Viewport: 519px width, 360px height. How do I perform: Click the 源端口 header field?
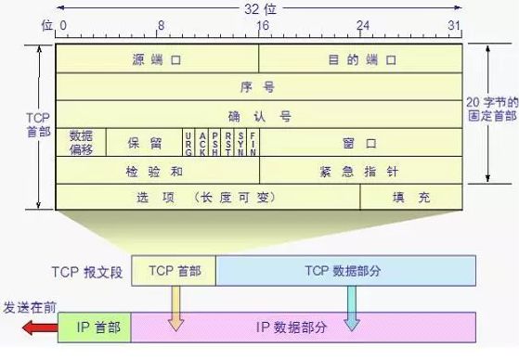(157, 58)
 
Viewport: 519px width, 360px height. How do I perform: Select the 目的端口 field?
(361, 58)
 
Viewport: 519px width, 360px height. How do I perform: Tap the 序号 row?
(259, 86)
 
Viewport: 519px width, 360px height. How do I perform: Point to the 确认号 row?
(259, 115)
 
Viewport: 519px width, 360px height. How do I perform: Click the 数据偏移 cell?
(81, 143)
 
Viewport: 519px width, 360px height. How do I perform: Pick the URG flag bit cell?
(188, 143)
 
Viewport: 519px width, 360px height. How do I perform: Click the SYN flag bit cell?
(240, 143)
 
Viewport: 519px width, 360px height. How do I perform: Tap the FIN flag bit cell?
(253, 143)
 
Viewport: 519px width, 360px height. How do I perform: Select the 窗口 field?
(361, 143)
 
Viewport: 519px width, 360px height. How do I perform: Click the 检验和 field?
(157, 171)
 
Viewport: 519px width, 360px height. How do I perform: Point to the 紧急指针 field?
(361, 171)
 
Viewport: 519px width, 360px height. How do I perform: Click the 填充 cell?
(411, 198)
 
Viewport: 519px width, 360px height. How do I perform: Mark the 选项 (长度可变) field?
(208, 198)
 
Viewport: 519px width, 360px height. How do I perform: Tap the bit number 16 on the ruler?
(262, 26)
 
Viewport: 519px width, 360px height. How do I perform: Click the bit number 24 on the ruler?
(362, 26)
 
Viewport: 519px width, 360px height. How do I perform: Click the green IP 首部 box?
(94, 327)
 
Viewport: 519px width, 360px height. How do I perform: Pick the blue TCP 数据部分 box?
(346, 270)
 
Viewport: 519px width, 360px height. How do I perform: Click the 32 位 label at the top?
(257, 7)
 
